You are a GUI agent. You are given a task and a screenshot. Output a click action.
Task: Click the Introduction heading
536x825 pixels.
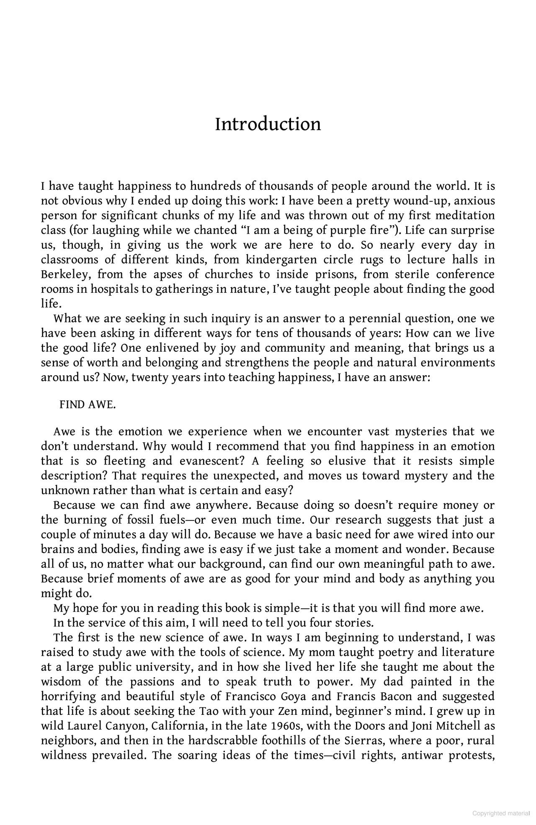(x=268, y=124)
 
